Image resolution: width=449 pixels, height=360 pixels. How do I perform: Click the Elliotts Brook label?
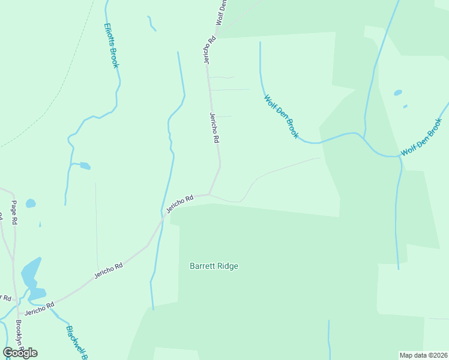[111, 46]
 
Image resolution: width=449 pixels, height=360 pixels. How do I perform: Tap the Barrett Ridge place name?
[214, 266]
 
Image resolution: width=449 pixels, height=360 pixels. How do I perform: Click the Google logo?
[20, 353]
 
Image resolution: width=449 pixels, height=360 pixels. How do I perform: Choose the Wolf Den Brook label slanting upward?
[422, 137]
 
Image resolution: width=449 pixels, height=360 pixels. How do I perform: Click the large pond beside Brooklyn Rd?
[31, 277]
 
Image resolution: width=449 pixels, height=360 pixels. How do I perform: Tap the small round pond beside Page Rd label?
[31, 203]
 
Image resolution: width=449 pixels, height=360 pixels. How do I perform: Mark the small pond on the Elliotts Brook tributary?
[85, 166]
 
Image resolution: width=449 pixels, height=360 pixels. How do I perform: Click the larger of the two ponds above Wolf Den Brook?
[397, 93]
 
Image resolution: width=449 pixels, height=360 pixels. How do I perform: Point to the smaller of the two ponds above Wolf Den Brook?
[405, 107]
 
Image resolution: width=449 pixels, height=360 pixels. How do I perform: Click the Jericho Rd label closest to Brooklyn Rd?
[39, 309]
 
